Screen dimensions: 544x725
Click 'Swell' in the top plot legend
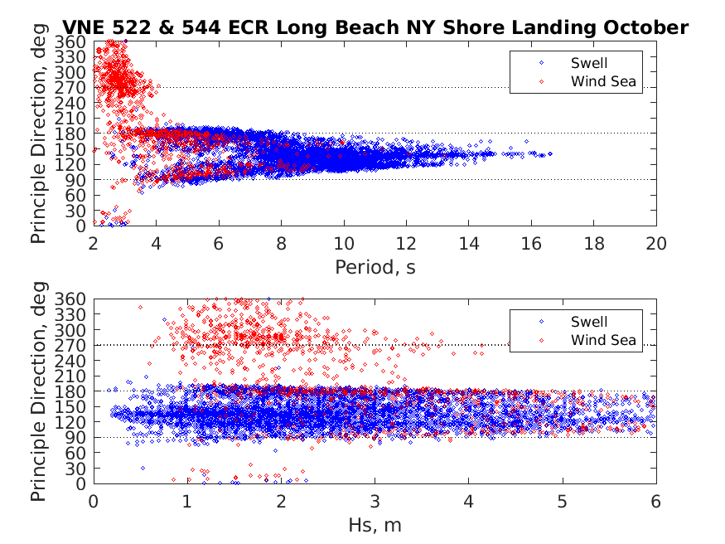[x=588, y=62]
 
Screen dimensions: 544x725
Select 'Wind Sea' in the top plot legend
[x=602, y=81]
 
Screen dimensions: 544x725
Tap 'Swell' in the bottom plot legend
[x=588, y=322]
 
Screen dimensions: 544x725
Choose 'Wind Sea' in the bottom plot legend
[x=602, y=340]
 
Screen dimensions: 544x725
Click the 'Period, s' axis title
[x=375, y=267]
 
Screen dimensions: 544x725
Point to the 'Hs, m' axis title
[x=375, y=525]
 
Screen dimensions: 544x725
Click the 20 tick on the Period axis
[x=656, y=244]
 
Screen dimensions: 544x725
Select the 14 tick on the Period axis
[x=469, y=244]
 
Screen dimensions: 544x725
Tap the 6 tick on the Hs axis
[x=656, y=502]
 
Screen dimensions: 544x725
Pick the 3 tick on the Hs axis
[x=375, y=502]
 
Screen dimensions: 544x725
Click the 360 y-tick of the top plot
[x=71, y=41]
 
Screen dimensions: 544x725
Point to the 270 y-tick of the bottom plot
[x=71, y=345]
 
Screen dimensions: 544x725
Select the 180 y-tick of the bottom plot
[x=71, y=391]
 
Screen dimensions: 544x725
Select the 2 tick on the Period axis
[x=94, y=244]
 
